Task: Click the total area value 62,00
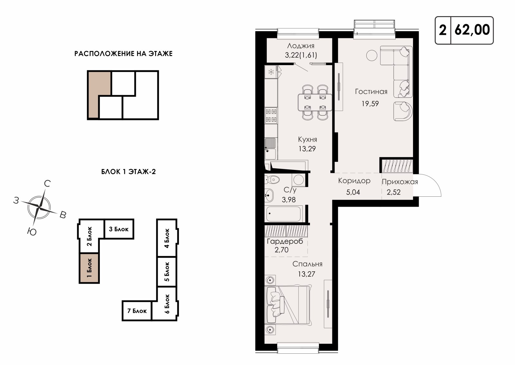472,30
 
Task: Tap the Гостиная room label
371,92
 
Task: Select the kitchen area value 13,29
307,149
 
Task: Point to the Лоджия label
301,46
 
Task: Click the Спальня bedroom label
307,264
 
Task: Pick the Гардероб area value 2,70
281,250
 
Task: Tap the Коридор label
354,181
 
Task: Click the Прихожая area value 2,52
393,192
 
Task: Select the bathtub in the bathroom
284,214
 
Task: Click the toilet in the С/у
272,179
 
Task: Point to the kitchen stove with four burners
271,116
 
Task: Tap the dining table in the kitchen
315,102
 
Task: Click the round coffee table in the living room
371,55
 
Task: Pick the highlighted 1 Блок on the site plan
89,268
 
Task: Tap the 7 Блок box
137,311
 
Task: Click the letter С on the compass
47,183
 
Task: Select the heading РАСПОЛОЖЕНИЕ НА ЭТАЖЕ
124,54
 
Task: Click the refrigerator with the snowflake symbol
271,72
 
